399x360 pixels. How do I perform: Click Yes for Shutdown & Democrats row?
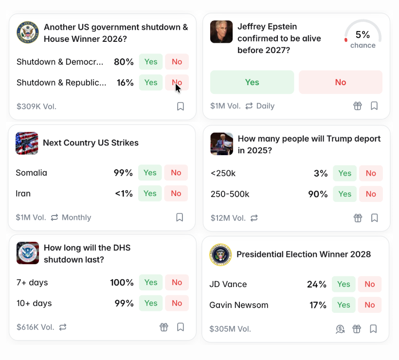coord(151,62)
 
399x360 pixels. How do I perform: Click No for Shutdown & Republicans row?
coord(177,83)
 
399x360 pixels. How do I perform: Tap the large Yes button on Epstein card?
coord(252,82)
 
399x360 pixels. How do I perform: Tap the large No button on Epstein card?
coord(341,82)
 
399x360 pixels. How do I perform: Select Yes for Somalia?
coord(150,173)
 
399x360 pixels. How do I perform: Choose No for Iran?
coord(176,194)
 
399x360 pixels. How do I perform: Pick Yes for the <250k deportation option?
coord(345,173)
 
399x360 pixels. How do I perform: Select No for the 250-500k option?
coord(371,194)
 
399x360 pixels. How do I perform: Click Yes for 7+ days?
coord(151,283)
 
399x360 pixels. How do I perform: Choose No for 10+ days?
coord(177,304)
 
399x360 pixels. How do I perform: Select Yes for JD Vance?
coord(344,284)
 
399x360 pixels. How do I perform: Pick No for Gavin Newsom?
coord(370,305)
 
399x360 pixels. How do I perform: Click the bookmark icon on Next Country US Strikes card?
coord(180,217)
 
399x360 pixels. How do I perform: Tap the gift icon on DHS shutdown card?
coord(164,327)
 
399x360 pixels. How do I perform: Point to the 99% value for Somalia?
coord(123,173)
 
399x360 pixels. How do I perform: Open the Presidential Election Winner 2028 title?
coord(304,254)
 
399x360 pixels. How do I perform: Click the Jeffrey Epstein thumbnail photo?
coord(221,32)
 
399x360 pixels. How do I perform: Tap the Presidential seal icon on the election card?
coord(220,255)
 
